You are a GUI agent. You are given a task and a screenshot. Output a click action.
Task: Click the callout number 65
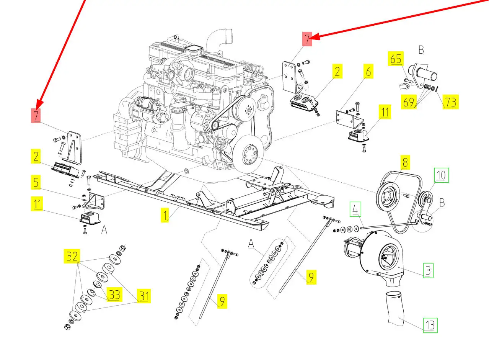point(396,59)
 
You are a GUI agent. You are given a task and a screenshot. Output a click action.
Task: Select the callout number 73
point(451,101)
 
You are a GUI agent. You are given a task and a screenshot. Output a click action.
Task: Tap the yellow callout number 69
point(409,102)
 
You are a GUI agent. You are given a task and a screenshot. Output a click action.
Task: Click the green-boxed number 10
point(442,175)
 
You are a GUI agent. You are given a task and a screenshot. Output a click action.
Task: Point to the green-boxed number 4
point(355,209)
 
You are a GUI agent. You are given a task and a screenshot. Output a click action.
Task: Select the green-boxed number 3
point(428,270)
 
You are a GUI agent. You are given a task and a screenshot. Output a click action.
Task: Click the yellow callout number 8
point(405,162)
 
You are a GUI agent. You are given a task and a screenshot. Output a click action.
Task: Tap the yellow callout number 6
point(368,71)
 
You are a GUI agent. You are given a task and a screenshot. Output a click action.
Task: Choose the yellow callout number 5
point(36,182)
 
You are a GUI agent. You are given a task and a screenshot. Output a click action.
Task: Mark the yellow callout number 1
point(165,215)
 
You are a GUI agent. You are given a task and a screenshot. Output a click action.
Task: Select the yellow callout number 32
point(72,256)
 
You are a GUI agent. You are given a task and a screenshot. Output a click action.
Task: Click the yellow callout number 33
point(114,295)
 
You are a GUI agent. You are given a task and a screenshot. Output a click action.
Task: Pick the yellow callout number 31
point(144,296)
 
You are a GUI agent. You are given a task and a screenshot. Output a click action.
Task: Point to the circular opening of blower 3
point(389,257)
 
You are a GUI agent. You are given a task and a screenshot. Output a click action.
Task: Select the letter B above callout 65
point(421,49)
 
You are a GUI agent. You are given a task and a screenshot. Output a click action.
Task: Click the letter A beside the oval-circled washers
point(251,243)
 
